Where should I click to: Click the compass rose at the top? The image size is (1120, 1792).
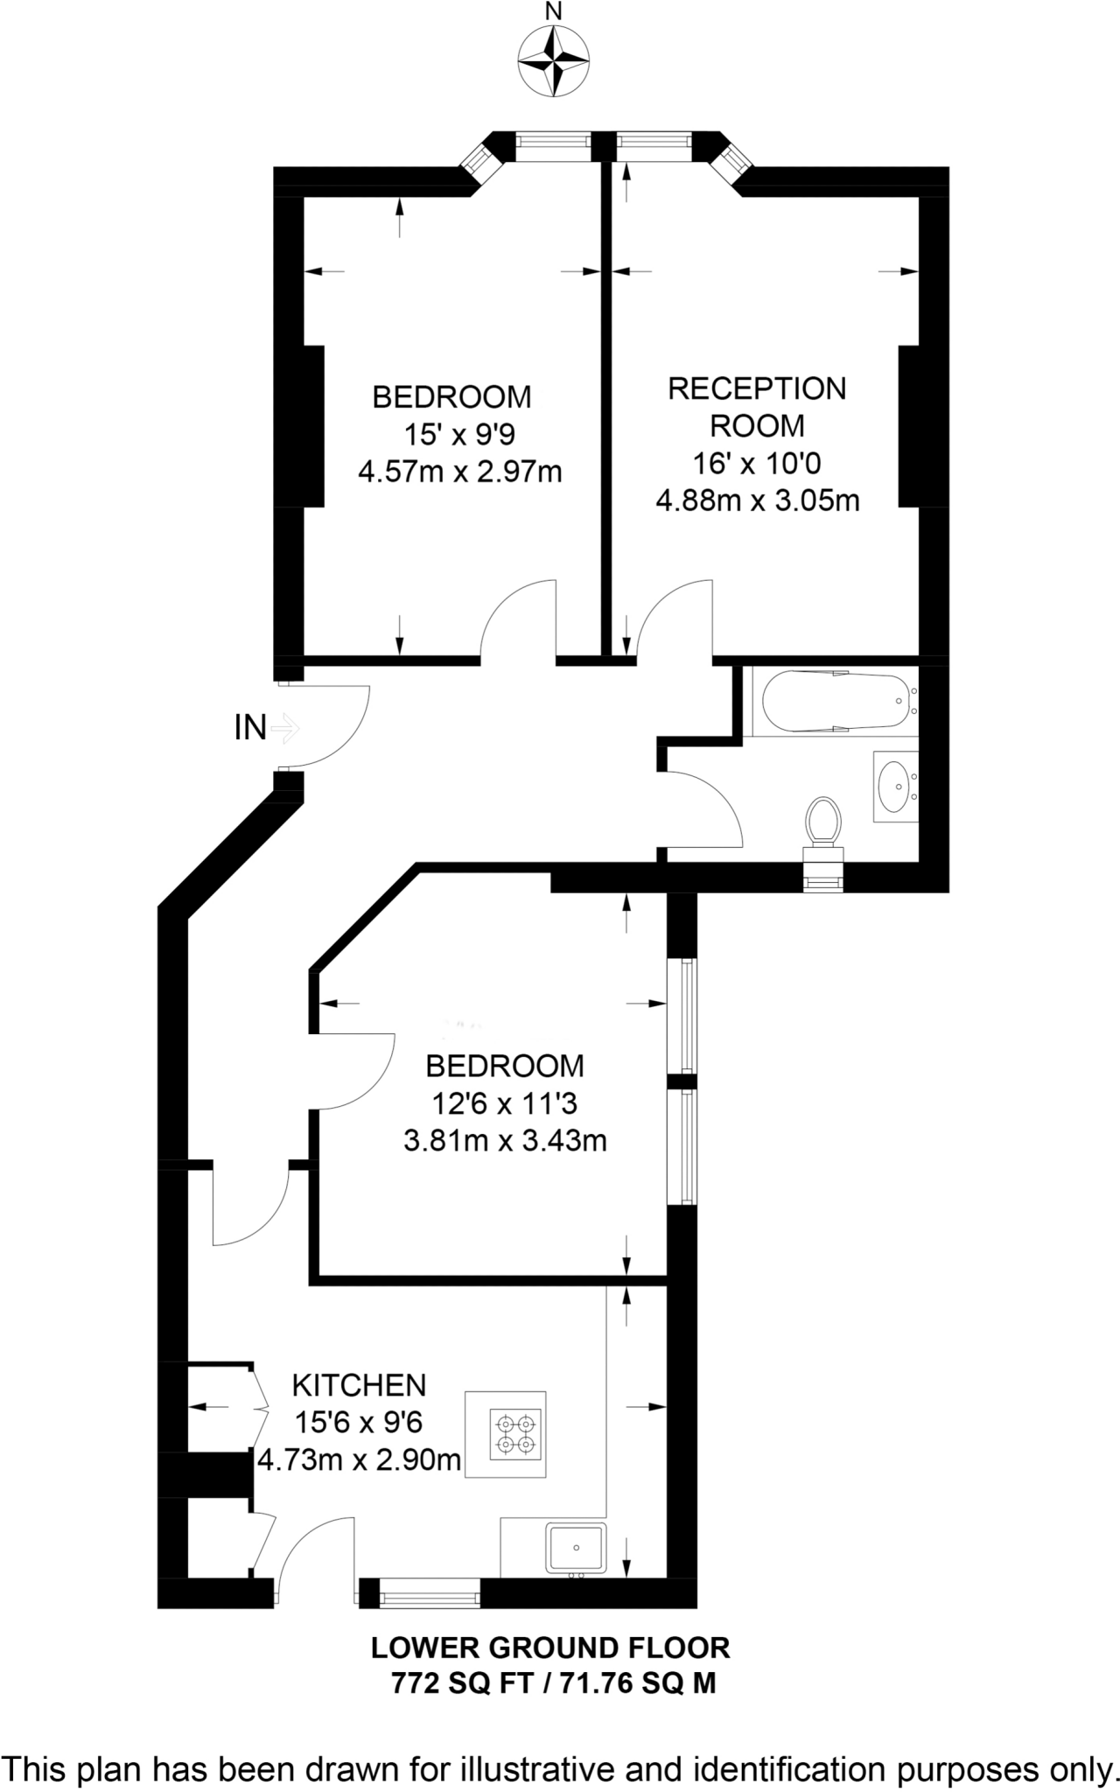[x=553, y=59]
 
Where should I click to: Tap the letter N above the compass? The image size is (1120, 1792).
[x=553, y=11]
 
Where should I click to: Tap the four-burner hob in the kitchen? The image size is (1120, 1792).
[x=514, y=1434]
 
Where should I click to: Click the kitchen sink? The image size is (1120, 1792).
[x=576, y=1547]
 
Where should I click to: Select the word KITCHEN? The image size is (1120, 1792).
[x=359, y=1385]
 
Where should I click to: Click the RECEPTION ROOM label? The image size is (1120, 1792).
[x=757, y=407]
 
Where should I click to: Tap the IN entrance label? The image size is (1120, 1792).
[x=250, y=728]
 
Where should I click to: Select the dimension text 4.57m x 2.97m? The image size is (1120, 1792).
[x=459, y=472]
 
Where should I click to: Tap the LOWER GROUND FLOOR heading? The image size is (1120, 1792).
[x=550, y=1648]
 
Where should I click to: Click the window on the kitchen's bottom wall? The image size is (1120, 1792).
[x=430, y=1592]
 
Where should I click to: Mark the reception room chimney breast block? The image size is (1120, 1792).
[x=910, y=426]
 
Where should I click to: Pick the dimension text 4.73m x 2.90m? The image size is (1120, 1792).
[x=359, y=1460]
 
